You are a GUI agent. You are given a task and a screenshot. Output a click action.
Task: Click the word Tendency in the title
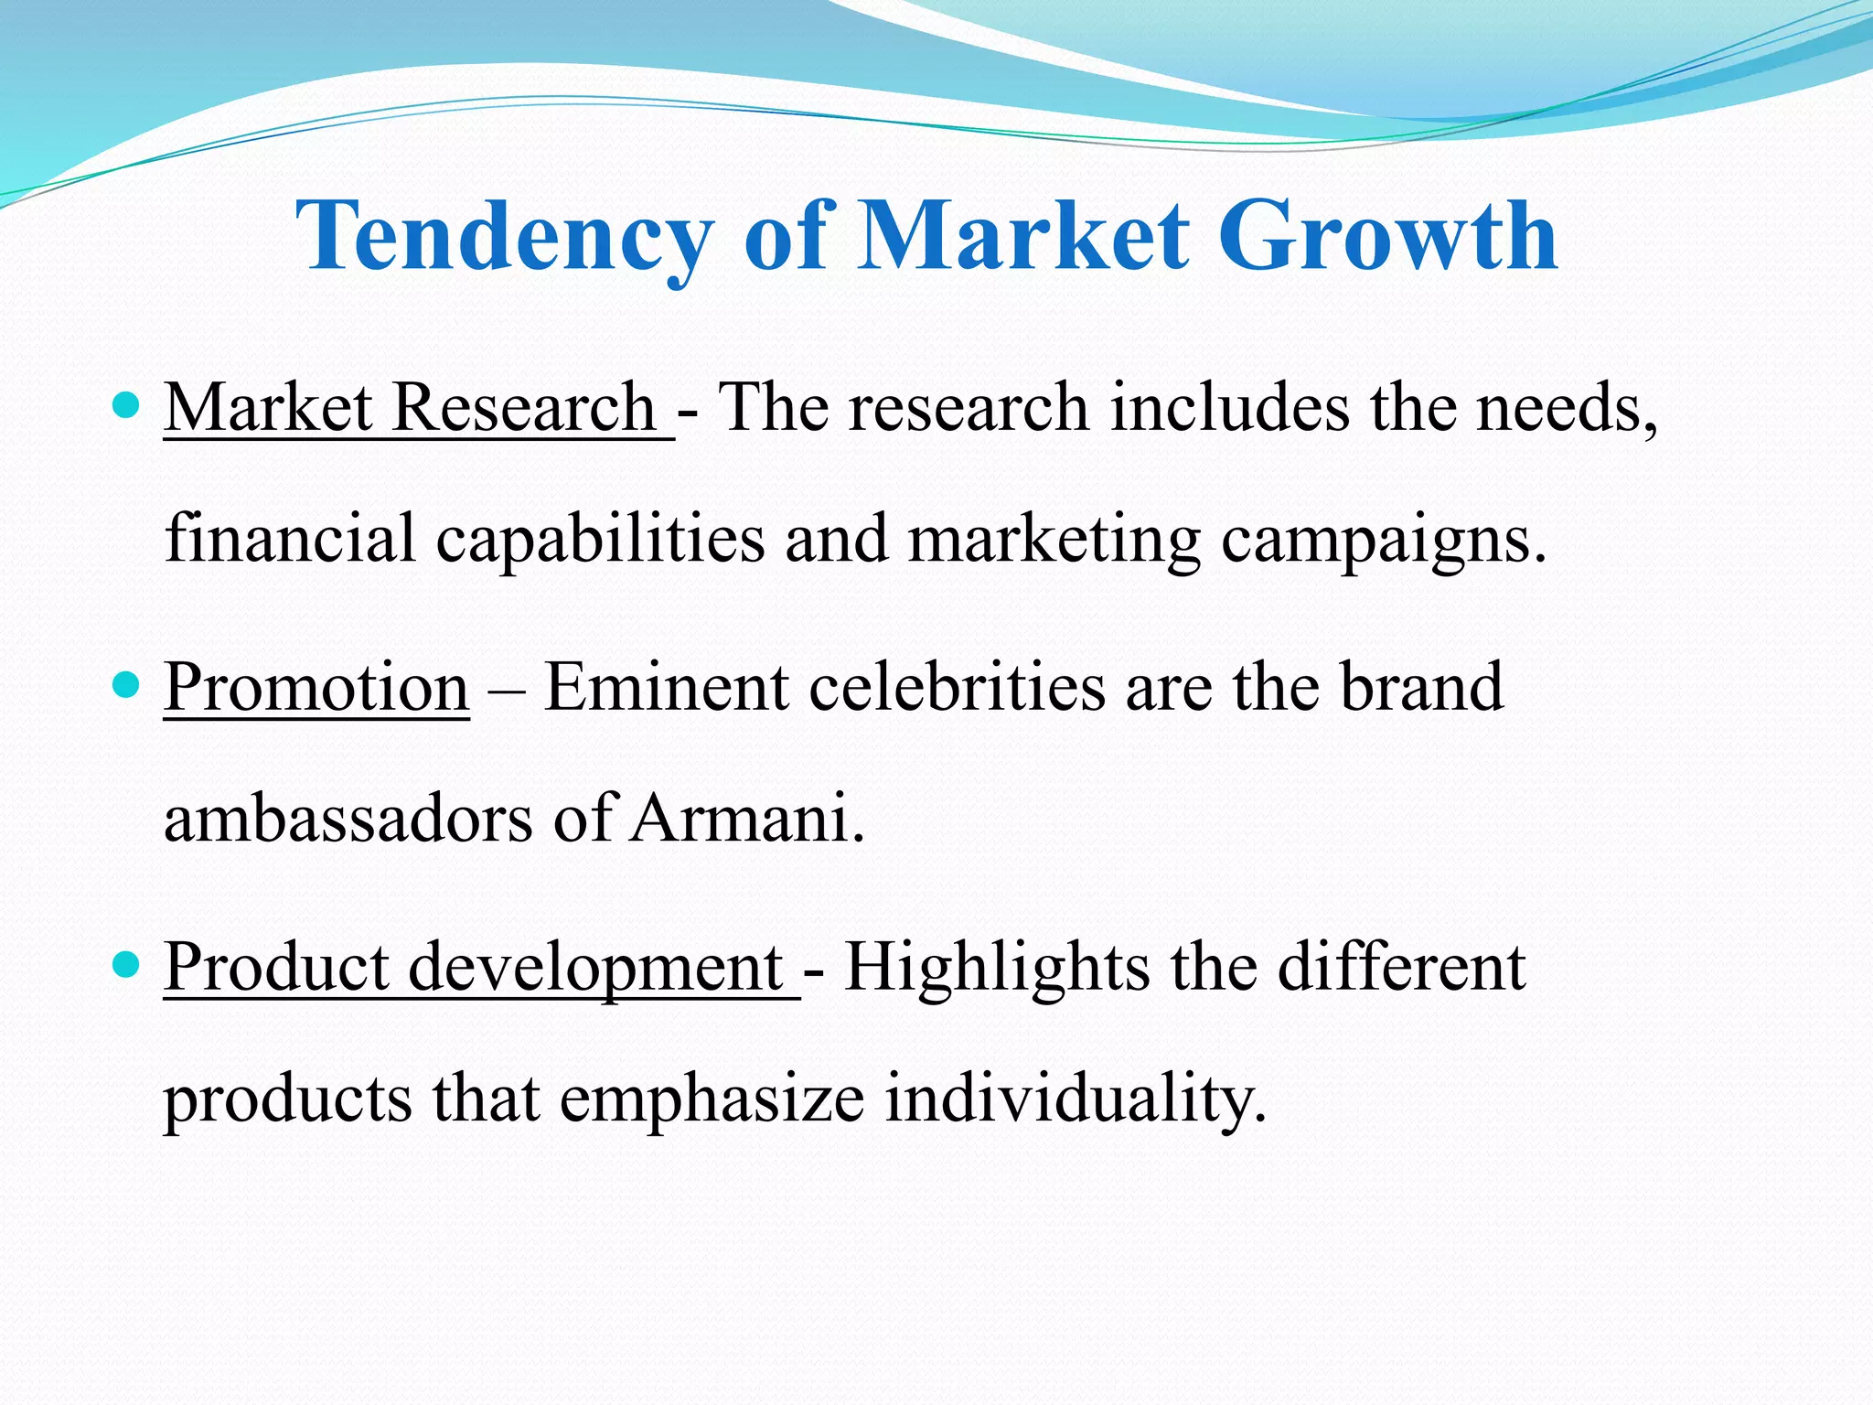504,238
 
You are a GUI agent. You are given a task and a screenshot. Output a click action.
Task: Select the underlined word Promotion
316,688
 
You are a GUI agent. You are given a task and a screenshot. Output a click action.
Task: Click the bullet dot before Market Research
126,404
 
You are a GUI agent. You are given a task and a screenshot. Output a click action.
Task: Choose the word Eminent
667,688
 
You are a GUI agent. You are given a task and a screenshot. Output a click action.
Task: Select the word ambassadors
348,818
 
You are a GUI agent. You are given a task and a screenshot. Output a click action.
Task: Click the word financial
290,539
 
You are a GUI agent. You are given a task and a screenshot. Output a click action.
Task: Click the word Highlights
997,968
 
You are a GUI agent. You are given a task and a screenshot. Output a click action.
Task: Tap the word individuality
1076,1099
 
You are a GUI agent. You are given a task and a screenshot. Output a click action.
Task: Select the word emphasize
712,1100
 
